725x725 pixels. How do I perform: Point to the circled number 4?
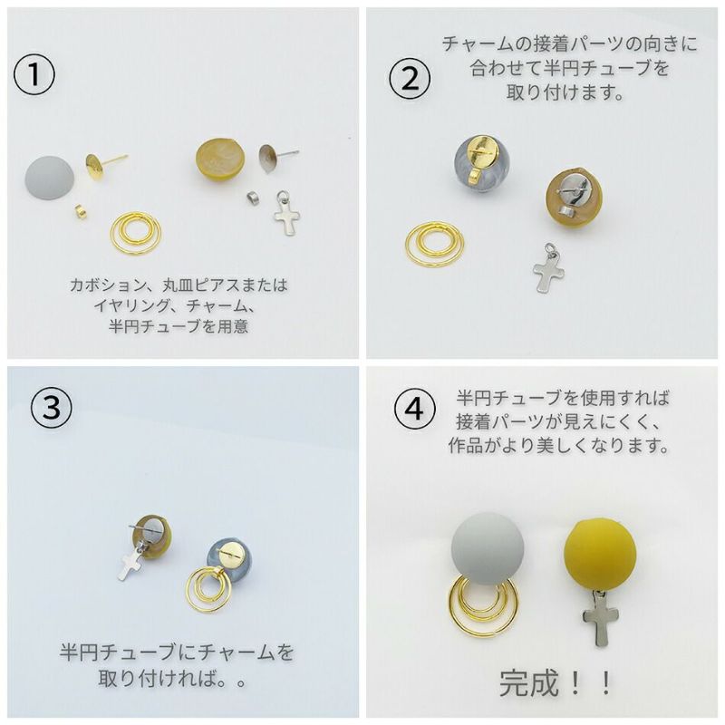(x=411, y=410)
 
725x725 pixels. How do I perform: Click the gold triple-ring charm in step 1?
(x=137, y=233)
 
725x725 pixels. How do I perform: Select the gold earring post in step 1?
(x=98, y=165)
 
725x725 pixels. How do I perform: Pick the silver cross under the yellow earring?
(x=600, y=622)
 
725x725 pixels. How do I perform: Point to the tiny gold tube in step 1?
(x=80, y=211)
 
